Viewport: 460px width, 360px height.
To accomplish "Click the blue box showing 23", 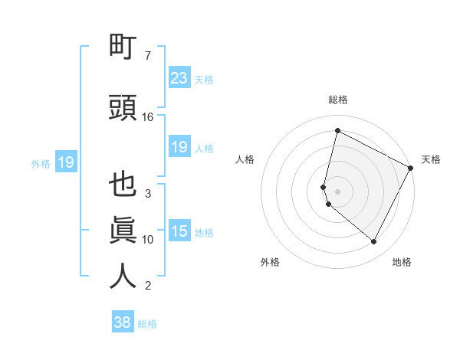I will (179, 77).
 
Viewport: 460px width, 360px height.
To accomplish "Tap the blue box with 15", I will (179, 231).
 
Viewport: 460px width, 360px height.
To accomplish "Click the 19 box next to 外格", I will (65, 162).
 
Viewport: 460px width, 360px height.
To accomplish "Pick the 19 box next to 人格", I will (179, 147).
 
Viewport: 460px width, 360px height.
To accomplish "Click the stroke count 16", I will (148, 117).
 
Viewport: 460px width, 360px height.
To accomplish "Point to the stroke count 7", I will (148, 56).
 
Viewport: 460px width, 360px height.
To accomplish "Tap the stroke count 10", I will (148, 240).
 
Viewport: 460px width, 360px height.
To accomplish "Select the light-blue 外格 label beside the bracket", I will (41, 163).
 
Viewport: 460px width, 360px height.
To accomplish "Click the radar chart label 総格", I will (337, 100).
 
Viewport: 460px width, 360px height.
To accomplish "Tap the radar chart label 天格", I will (431, 159).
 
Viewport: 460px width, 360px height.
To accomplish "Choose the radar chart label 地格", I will (402, 262).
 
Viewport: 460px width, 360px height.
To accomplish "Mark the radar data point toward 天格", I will (412, 168).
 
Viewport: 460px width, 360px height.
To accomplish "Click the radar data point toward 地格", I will (374, 242).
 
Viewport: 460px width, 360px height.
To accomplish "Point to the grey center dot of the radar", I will (337, 191).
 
